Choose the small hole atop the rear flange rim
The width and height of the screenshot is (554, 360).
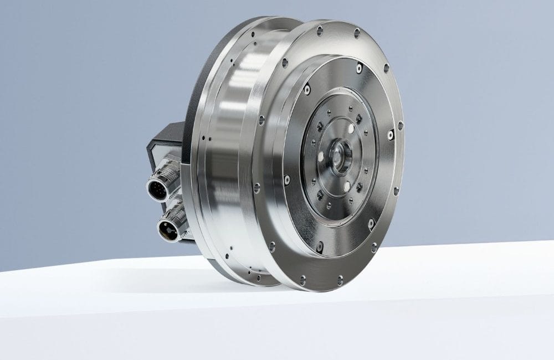tap(253, 34)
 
